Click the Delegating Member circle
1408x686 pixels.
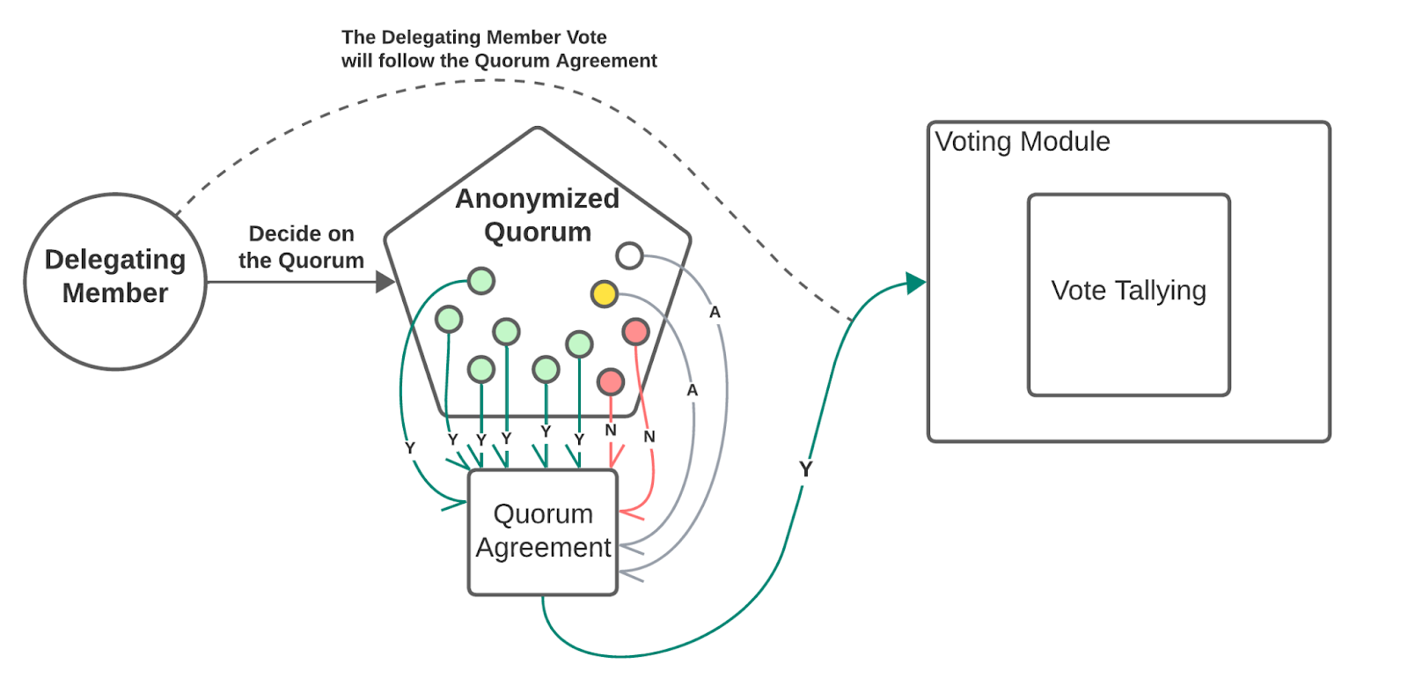(x=115, y=281)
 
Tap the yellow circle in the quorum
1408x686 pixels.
(x=605, y=293)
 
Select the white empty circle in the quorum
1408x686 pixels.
(x=629, y=255)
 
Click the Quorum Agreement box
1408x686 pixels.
(x=543, y=532)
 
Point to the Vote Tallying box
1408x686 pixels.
(x=1128, y=295)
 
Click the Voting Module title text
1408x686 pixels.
(x=1023, y=142)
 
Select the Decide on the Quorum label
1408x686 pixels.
(x=301, y=247)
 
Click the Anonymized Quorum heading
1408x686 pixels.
(x=537, y=215)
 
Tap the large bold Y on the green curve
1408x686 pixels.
(x=805, y=469)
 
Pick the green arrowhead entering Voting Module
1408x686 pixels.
(x=916, y=283)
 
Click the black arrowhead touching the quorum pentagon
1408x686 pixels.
(x=385, y=282)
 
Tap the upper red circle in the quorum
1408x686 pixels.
(x=635, y=332)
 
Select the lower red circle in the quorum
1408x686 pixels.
(x=611, y=381)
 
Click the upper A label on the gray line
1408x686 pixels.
(x=715, y=312)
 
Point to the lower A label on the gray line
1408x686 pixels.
(x=693, y=390)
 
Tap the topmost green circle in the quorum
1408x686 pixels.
(x=480, y=281)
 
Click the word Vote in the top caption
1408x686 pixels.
(x=577, y=38)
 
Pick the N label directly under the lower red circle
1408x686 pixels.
(x=611, y=430)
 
